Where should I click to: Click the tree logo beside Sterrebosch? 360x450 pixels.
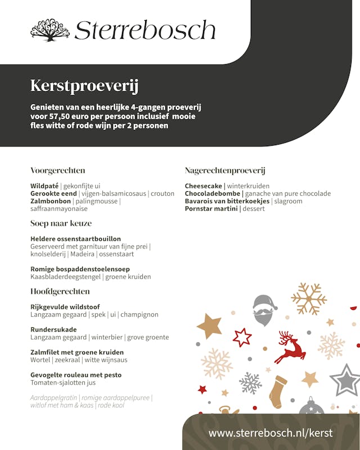click(x=49, y=30)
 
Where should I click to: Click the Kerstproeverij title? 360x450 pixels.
click(x=84, y=87)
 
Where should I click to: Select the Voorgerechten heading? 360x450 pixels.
click(x=58, y=170)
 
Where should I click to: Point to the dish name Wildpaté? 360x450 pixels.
click(x=44, y=186)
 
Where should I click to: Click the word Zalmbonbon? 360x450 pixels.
click(x=51, y=201)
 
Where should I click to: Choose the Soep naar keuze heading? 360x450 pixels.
click(x=61, y=223)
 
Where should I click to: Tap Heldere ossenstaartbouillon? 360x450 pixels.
click(x=75, y=238)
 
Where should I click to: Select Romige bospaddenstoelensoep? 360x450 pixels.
click(x=80, y=269)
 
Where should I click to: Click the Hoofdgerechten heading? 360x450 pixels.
click(x=60, y=291)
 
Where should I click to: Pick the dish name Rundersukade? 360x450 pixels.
click(x=53, y=330)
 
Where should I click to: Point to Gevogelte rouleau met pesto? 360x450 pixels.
click(x=76, y=375)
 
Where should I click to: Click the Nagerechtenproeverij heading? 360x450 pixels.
click(x=225, y=170)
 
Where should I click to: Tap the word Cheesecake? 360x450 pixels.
click(x=204, y=186)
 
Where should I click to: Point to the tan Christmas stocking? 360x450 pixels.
click(x=278, y=391)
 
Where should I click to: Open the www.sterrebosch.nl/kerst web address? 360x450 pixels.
click(x=271, y=433)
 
